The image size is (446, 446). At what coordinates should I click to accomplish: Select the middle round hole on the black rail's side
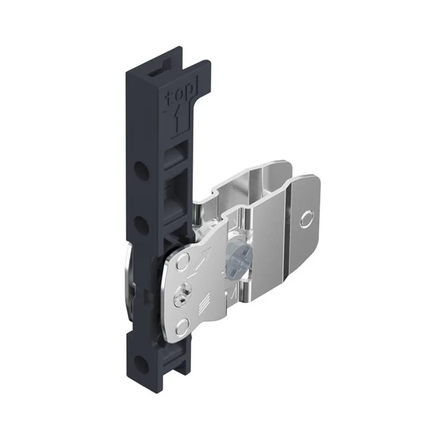[142, 226]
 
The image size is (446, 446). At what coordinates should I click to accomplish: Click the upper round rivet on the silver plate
[183, 261]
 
